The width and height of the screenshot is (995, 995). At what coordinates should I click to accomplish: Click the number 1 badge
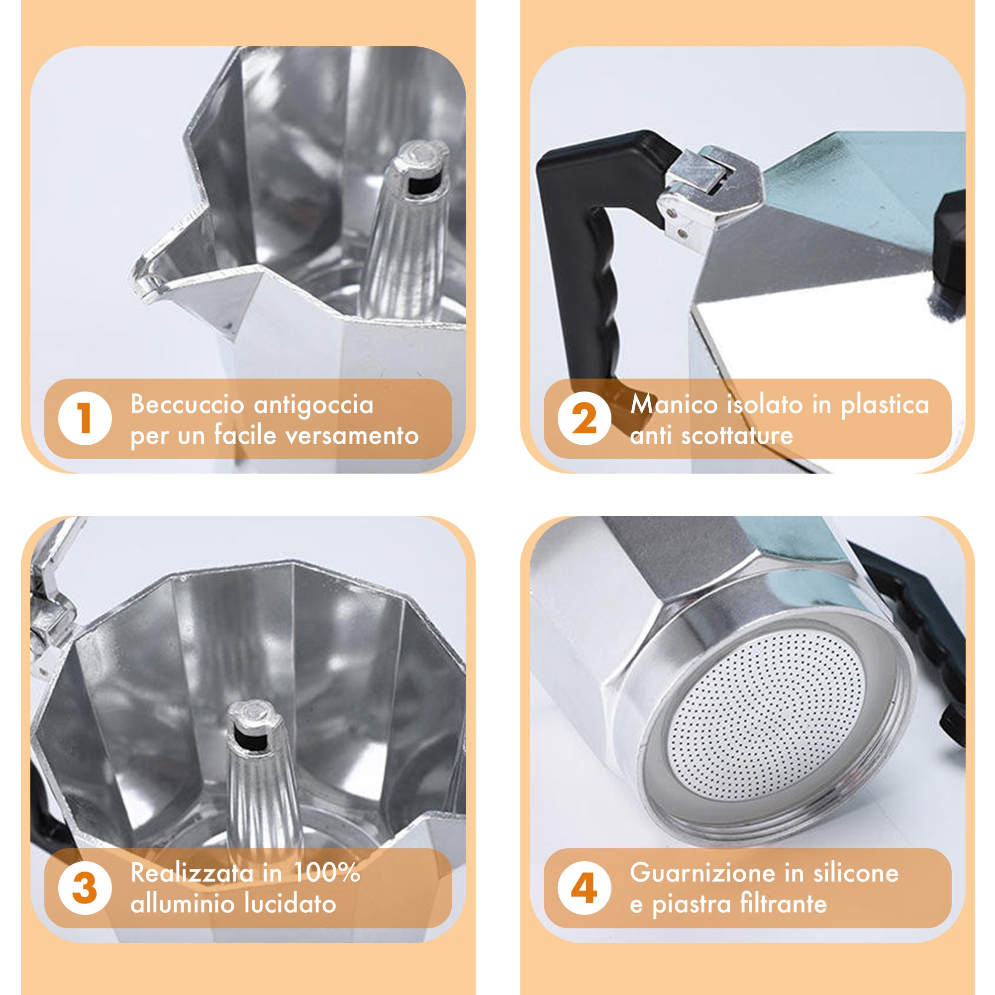pyautogui.click(x=85, y=419)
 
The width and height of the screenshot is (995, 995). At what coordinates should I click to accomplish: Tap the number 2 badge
pyautogui.click(x=585, y=419)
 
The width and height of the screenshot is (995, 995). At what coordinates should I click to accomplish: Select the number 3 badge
pyautogui.click(x=85, y=888)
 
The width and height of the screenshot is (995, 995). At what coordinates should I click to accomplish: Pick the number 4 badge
pyautogui.click(x=585, y=888)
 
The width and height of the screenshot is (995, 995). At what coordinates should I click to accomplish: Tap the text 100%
pyautogui.click(x=326, y=873)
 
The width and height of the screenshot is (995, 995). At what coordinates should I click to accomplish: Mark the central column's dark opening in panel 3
pyautogui.click(x=251, y=740)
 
